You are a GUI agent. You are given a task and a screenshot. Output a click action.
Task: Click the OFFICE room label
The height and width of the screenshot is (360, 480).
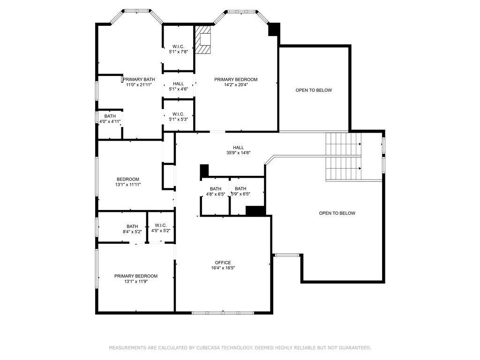[x=223, y=262]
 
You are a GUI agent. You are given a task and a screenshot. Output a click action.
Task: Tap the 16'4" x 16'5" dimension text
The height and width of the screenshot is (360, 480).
[x=223, y=268]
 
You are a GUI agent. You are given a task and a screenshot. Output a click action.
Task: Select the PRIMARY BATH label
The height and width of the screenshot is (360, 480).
[x=139, y=79]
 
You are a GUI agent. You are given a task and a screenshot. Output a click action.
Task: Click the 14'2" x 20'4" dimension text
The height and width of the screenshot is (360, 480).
[x=236, y=85]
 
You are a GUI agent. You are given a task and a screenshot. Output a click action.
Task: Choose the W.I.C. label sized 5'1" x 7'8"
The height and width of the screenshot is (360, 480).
[x=178, y=46]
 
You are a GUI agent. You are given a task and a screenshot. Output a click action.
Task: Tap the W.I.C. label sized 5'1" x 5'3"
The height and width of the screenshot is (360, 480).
[x=178, y=114]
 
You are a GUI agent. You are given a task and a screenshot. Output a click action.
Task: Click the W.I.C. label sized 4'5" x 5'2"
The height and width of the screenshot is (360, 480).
[x=161, y=225]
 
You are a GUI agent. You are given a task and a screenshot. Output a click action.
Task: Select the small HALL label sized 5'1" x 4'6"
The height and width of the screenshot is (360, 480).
[x=179, y=83]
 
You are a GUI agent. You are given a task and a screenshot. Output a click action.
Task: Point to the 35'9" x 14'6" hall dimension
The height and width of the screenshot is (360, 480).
[x=239, y=153]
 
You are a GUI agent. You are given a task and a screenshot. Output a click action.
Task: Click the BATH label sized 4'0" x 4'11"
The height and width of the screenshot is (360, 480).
[x=110, y=116]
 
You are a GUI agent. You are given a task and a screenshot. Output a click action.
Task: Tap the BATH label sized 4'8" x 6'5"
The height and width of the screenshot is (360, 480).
[x=216, y=188]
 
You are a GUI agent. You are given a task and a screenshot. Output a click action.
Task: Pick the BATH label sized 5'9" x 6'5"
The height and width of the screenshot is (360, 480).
[x=240, y=188]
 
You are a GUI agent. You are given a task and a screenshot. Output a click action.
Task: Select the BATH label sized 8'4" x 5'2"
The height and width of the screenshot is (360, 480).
[x=132, y=226]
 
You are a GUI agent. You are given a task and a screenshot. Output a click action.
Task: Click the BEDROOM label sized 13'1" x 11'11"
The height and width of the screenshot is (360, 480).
[x=128, y=179]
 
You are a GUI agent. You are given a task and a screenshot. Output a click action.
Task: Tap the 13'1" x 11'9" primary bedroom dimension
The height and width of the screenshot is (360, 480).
[x=136, y=281]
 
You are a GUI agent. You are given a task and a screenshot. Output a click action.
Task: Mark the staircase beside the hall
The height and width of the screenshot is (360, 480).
[x=344, y=157]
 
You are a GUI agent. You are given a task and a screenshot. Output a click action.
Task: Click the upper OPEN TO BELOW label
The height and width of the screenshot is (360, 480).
[x=314, y=90]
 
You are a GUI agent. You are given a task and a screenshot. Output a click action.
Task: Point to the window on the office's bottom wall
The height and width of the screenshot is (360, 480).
[x=223, y=313]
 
